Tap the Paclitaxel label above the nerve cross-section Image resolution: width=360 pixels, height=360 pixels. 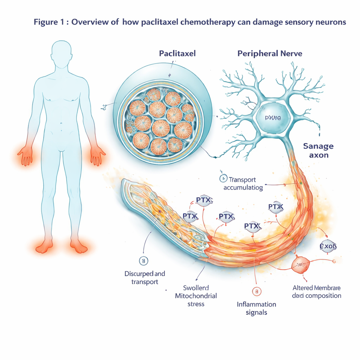177,54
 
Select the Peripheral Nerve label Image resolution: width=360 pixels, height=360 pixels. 270,54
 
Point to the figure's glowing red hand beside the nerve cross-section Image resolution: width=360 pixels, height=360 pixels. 97,155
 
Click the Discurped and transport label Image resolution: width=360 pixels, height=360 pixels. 144,277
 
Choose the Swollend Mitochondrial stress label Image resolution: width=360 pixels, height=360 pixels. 196,295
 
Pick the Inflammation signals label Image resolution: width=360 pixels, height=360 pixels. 256,308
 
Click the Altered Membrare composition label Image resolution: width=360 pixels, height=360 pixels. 316,291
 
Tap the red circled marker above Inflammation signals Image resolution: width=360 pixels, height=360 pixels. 257,291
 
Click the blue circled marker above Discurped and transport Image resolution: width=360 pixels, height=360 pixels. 143,261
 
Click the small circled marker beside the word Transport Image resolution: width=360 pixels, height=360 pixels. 223,179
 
